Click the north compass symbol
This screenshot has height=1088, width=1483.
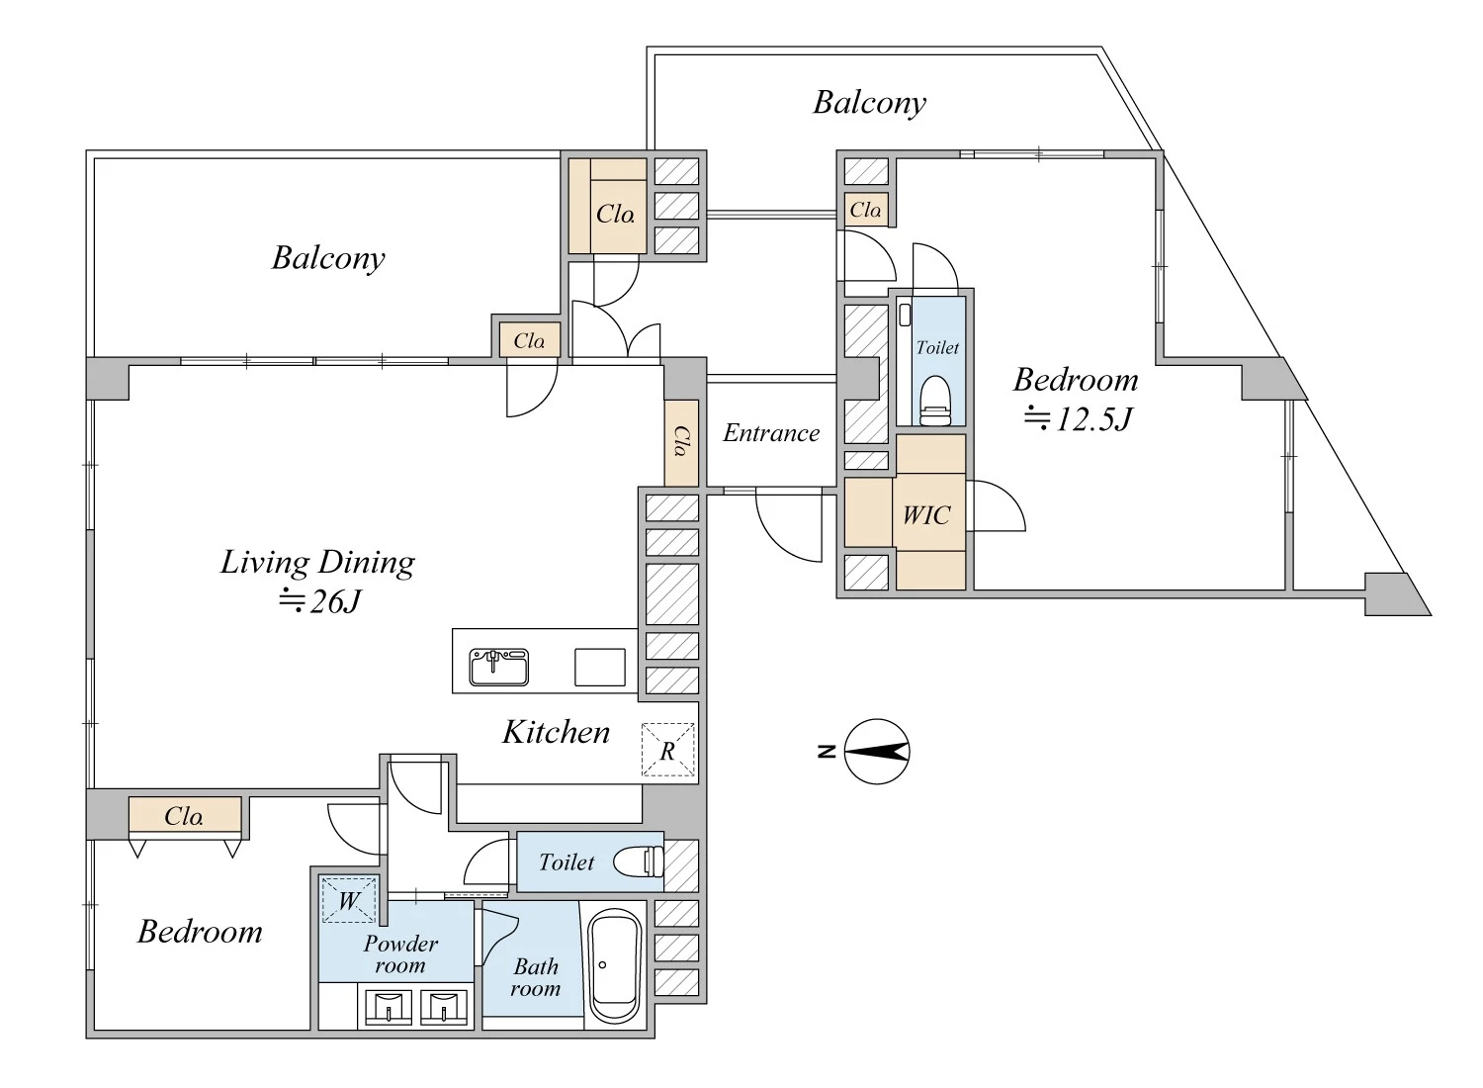click(877, 752)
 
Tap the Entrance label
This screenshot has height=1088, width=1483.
click(771, 433)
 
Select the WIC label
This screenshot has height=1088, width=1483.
click(927, 514)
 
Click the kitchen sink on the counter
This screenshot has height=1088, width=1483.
click(498, 667)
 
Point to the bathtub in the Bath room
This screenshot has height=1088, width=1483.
click(615, 966)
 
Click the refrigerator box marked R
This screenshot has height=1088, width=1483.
click(668, 750)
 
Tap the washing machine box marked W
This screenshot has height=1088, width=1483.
click(349, 900)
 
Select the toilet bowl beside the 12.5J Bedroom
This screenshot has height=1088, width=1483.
click(935, 400)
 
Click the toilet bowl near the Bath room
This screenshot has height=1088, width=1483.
click(639, 861)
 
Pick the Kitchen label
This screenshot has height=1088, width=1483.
click(556, 732)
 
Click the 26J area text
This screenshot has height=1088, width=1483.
click(319, 601)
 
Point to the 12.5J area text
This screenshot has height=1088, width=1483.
click(1078, 418)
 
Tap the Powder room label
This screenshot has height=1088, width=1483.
click(400, 953)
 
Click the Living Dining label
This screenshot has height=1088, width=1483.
click(317, 563)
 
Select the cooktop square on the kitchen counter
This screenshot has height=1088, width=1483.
click(600, 667)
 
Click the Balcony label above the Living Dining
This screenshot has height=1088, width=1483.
click(328, 258)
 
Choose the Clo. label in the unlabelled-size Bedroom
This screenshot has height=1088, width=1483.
click(184, 816)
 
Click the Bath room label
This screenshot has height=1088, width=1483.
click(536, 977)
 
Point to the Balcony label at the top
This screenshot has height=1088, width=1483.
click(870, 103)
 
